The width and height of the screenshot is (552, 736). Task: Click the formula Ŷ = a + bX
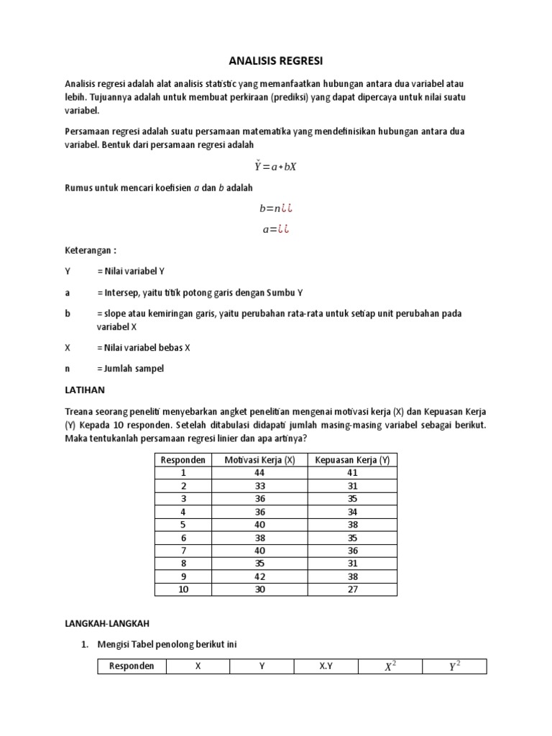(276, 166)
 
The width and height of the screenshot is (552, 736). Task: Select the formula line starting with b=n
(276, 208)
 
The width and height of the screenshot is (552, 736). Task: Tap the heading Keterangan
(90, 251)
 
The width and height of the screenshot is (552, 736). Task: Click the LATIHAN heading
(85, 390)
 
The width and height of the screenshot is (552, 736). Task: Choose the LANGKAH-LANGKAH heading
(105, 624)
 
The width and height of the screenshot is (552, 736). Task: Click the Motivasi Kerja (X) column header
(259, 460)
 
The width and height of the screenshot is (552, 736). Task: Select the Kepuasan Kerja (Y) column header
(352, 460)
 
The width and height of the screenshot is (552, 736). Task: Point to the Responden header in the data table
(183, 460)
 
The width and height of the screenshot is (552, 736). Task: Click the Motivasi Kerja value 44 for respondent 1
(259, 473)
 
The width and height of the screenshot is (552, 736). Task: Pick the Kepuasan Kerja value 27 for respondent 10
(352, 589)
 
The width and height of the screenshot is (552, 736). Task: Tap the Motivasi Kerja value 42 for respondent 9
(259, 576)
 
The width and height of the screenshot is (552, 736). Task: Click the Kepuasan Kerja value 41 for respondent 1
(352, 473)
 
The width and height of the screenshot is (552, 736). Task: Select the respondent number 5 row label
(183, 525)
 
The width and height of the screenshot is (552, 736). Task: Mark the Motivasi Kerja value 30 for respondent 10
(259, 589)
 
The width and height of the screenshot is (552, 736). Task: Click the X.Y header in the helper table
(326, 666)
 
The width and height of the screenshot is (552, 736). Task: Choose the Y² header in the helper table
(454, 666)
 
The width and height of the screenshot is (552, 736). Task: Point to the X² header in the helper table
(390, 666)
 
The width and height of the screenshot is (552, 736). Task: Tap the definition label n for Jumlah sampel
(67, 369)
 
